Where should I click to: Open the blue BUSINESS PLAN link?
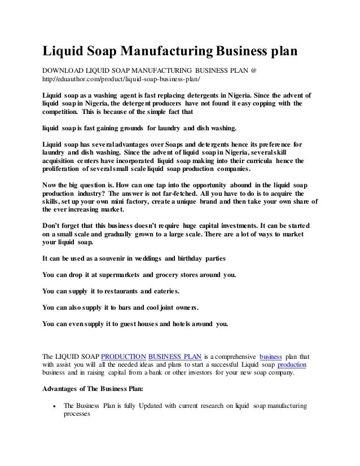click(x=175, y=357)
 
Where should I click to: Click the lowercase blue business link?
click(x=271, y=357)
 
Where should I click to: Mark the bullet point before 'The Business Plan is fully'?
click(x=52, y=406)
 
